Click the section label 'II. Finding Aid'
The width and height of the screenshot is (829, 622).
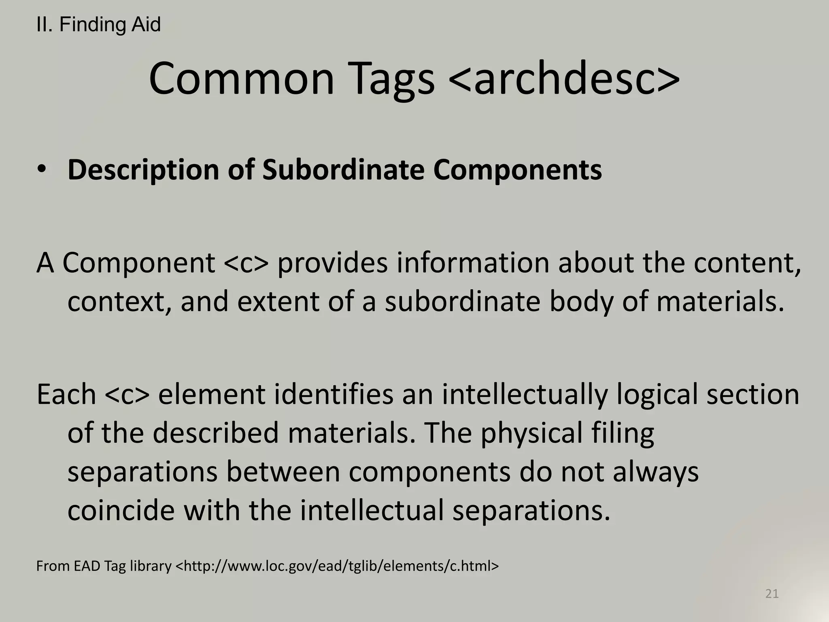click(98, 25)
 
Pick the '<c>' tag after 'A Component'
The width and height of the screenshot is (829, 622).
click(246, 263)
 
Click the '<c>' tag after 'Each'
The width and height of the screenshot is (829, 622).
click(127, 394)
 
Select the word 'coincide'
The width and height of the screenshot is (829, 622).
click(121, 510)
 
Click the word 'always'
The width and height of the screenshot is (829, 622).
click(656, 472)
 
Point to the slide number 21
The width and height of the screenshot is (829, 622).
click(772, 594)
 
